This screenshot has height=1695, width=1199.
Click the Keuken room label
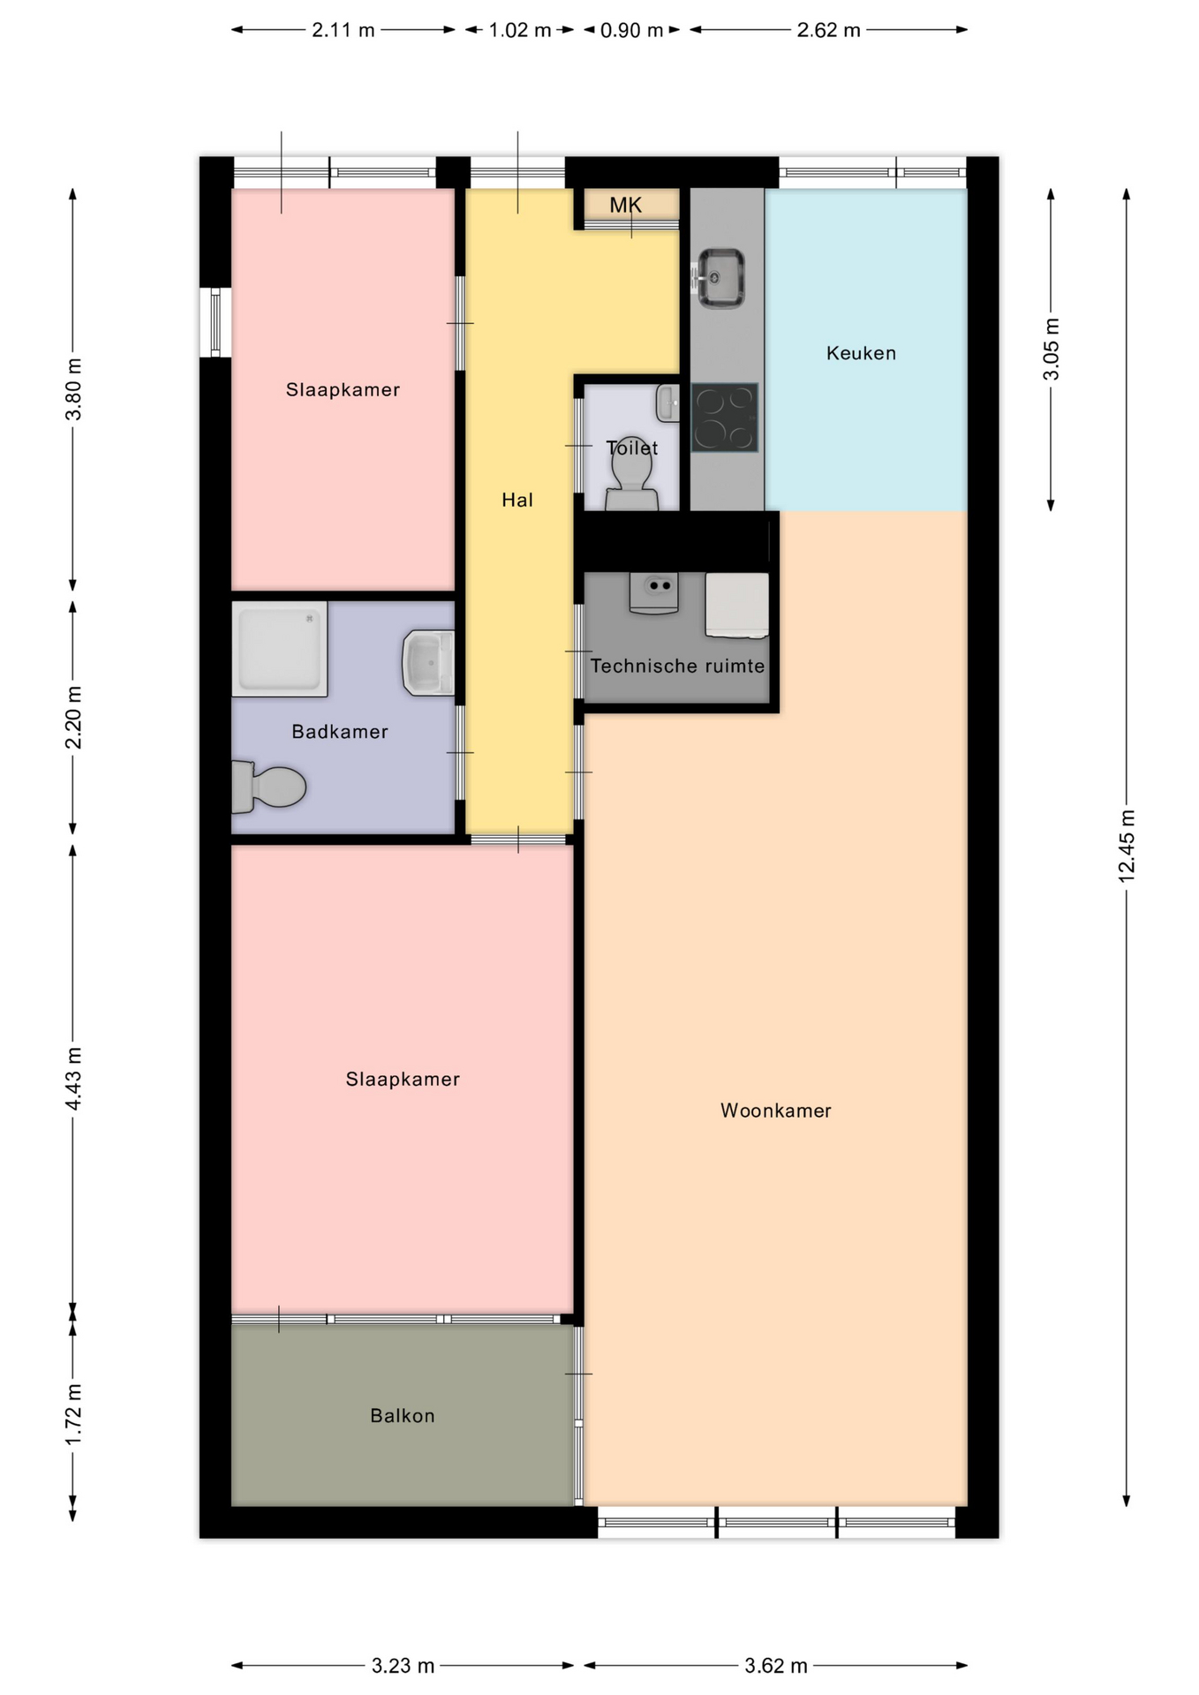point(861,353)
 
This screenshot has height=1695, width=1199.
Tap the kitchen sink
point(721,278)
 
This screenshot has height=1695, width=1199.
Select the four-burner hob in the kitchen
point(725,418)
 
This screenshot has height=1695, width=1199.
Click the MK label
point(626,206)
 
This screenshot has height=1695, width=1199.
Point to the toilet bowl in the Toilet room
point(631,478)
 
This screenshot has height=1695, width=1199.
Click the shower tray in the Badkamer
point(279,649)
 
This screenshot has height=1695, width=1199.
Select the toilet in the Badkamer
point(268,787)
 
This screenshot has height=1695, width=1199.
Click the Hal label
point(517,501)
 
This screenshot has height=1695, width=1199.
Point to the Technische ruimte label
point(677,666)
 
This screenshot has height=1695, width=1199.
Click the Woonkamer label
point(776,1111)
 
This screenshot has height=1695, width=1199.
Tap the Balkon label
point(403,1416)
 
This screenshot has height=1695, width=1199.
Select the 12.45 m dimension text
point(1127,845)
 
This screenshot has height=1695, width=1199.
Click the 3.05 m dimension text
point(1051,349)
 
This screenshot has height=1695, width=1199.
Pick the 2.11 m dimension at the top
point(343,30)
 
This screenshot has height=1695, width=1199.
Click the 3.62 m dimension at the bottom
point(776,1666)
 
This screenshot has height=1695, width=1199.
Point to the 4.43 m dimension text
point(73,1079)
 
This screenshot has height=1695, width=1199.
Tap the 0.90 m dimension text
point(631,30)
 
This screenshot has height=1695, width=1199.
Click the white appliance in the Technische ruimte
point(736,606)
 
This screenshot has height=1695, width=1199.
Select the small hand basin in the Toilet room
point(667,403)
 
